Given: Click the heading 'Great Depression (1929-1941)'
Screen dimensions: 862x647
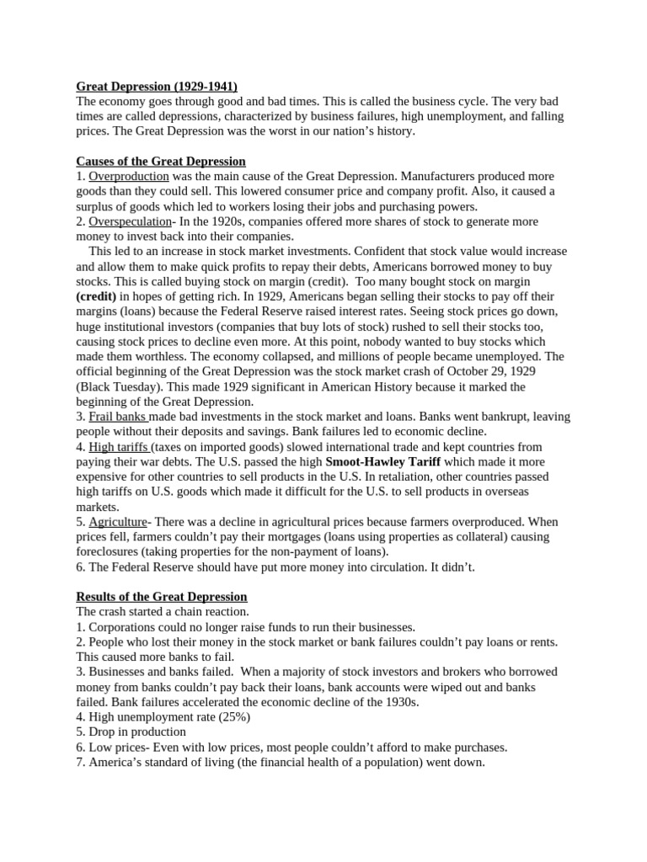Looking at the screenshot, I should coord(157,86).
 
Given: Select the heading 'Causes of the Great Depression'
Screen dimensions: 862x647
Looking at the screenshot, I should coord(161,162).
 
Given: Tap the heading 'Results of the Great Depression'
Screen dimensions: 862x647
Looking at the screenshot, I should coord(161,597).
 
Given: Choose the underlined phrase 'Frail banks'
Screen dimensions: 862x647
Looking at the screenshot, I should coord(118,417).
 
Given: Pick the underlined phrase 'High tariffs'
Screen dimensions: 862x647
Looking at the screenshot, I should coord(119,447).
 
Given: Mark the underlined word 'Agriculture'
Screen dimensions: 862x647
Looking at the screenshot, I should coord(118,522).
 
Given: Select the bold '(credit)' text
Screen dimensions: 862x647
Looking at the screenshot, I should coord(97,296).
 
